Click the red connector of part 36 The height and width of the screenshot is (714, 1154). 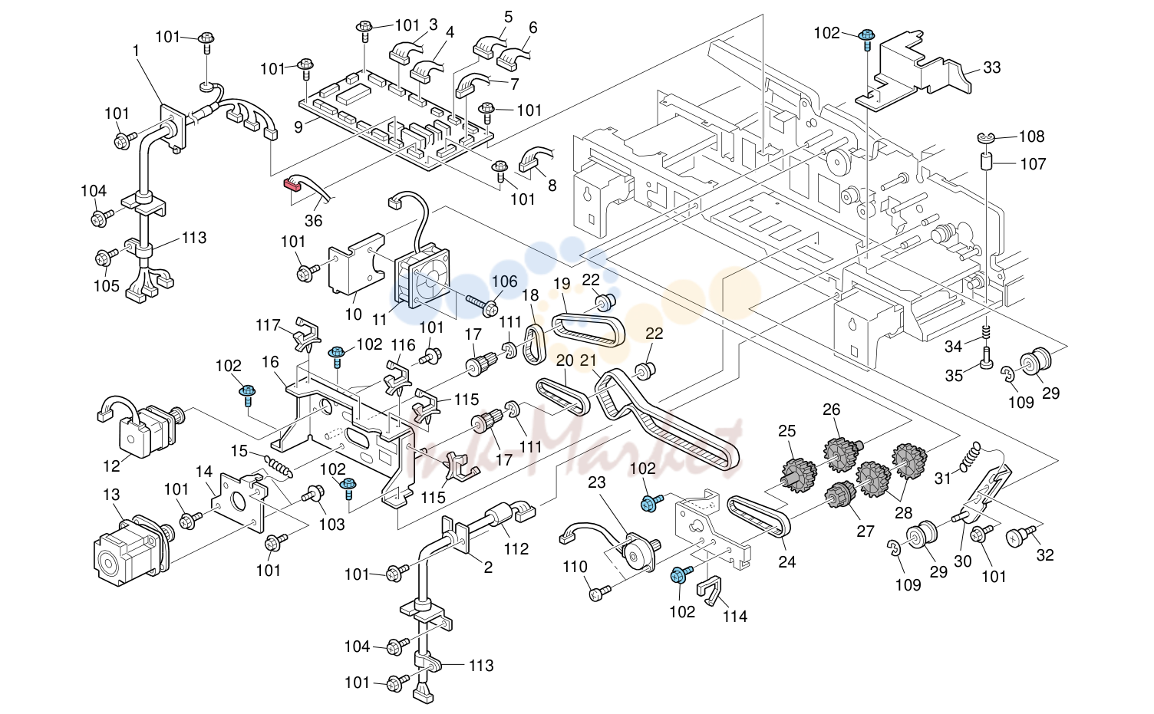coord(292,184)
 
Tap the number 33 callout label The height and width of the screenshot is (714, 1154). coord(991,67)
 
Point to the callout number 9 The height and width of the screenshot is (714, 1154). coord(298,126)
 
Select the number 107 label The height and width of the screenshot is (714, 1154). coord(1033,163)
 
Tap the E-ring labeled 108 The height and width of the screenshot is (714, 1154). coord(985,137)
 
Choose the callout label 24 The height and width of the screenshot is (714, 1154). coord(786,561)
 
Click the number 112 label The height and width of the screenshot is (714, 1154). coord(516,549)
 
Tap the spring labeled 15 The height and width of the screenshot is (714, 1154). coord(279,465)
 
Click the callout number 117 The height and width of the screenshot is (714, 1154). coord(268,325)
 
